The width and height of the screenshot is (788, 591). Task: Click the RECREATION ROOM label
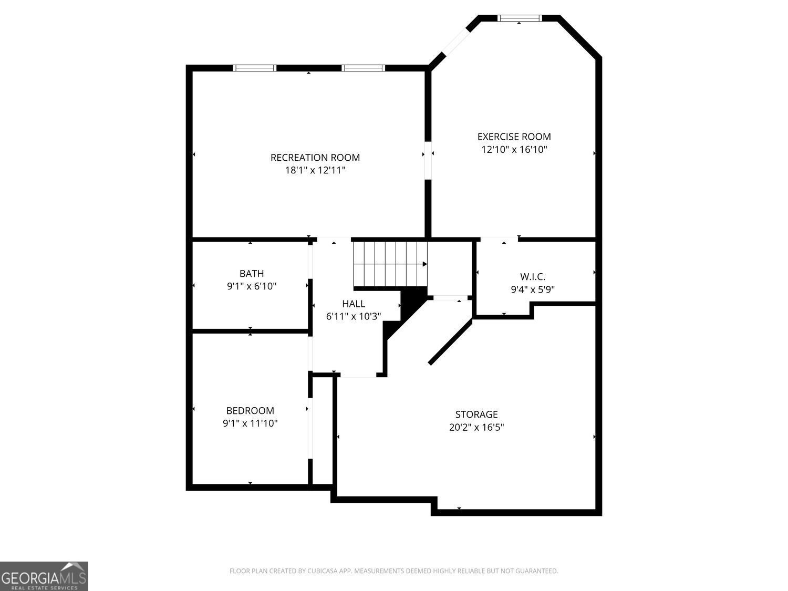tap(315, 157)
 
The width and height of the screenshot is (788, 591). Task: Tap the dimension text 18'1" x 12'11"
tap(315, 170)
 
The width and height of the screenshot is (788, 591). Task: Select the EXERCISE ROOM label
tap(514, 137)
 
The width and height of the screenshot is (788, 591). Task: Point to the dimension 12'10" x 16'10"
tap(514, 149)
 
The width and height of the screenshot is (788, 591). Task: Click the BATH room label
tap(252, 273)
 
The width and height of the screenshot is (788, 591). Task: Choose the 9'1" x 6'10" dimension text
tap(252, 286)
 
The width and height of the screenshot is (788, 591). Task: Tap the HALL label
tap(354, 304)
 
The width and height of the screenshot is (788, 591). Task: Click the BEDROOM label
tap(250, 411)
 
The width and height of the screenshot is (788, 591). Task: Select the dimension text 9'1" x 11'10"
tap(250, 423)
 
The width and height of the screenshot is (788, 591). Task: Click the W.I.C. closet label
tap(533, 276)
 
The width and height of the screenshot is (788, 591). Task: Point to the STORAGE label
tap(476, 414)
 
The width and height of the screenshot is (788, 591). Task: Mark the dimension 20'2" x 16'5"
tap(476, 427)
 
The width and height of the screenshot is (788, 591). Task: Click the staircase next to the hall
tap(390, 264)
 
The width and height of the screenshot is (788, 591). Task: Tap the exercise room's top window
tap(519, 18)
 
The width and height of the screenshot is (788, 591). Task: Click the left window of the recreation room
tap(254, 68)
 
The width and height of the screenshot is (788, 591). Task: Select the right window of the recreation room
tap(363, 68)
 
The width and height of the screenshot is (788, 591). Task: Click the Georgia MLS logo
tap(44, 576)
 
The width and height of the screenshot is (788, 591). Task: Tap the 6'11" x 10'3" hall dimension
tap(354, 316)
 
